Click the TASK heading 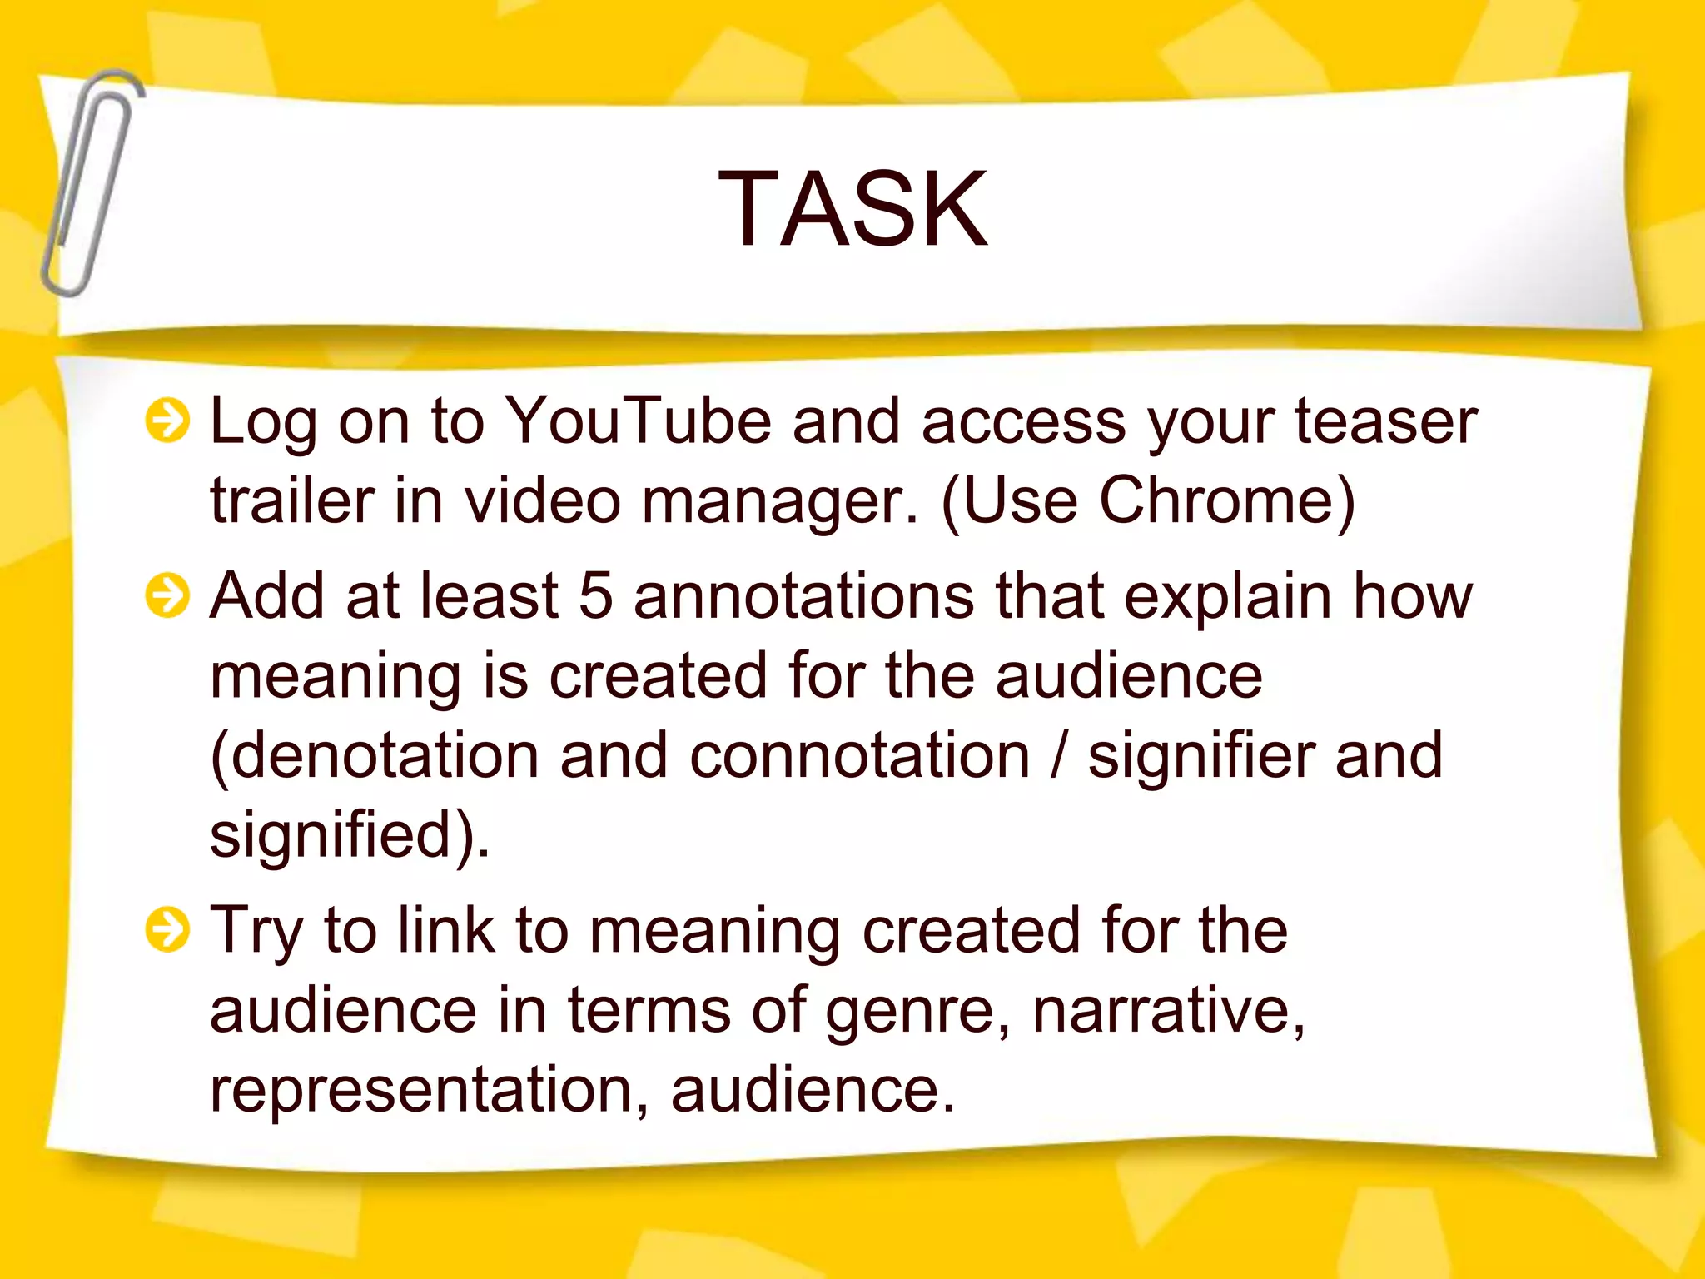[x=852, y=208]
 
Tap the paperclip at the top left [x=92, y=183]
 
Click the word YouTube [x=639, y=421]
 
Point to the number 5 [x=595, y=596]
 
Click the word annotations [x=803, y=596]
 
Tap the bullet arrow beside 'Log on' [x=167, y=421]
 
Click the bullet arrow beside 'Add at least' [x=167, y=596]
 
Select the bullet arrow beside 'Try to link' [x=167, y=930]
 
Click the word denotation [x=384, y=756]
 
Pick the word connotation [x=860, y=756]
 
